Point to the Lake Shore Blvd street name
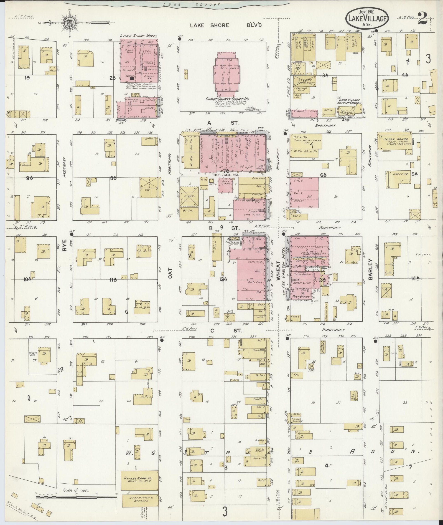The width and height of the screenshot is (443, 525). [x=226, y=25]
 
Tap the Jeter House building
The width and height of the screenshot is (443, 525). [x=395, y=143]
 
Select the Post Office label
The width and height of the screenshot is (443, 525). [x=300, y=296]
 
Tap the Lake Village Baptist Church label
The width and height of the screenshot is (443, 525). [x=349, y=101]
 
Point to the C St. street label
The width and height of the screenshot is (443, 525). [x=226, y=331]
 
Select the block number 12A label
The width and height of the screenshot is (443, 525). [x=223, y=279]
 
